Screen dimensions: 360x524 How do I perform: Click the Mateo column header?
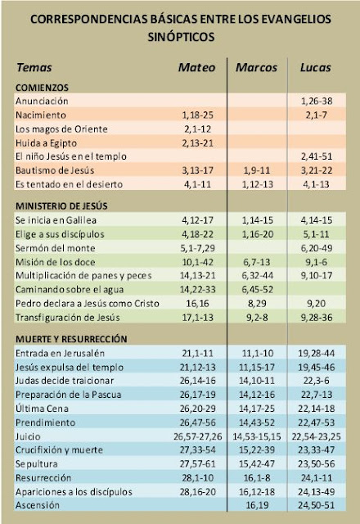tap(196, 67)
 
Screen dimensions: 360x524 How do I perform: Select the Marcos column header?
tap(256, 67)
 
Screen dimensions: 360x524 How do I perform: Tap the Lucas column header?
tap(316, 67)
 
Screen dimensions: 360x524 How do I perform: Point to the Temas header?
tap(34, 67)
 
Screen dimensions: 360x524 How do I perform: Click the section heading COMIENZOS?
tap(42, 88)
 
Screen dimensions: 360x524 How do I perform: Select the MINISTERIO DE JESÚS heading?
tap(61, 206)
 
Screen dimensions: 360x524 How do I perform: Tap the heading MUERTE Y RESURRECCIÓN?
tap(71, 339)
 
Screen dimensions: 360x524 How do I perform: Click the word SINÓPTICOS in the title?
tap(181, 37)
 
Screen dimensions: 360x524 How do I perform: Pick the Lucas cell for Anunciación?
tap(317, 101)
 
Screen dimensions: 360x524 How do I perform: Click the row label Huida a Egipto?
tap(46, 143)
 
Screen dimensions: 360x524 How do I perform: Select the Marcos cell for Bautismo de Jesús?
tap(256, 170)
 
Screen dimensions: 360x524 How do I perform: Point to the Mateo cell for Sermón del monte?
tap(198, 248)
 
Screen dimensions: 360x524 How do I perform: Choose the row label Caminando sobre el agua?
tap(70, 290)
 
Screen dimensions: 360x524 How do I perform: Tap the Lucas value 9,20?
tap(317, 304)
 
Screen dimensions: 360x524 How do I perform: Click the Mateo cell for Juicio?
tap(198, 436)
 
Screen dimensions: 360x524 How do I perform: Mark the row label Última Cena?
tap(42, 409)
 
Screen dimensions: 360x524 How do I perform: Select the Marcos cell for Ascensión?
tap(257, 505)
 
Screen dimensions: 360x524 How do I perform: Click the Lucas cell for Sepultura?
tap(317, 464)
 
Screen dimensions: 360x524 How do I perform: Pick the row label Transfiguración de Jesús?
tap(67, 318)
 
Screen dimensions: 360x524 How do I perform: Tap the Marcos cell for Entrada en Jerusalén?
tap(256, 354)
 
